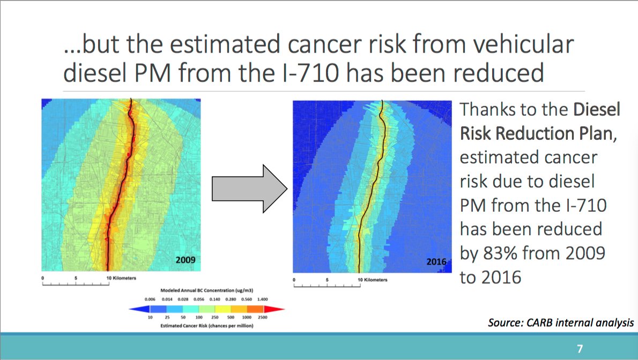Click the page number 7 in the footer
tap(580, 348)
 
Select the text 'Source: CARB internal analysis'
tap(561, 323)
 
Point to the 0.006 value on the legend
tap(150, 299)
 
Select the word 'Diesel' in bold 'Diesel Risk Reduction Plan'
tap(596, 110)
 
